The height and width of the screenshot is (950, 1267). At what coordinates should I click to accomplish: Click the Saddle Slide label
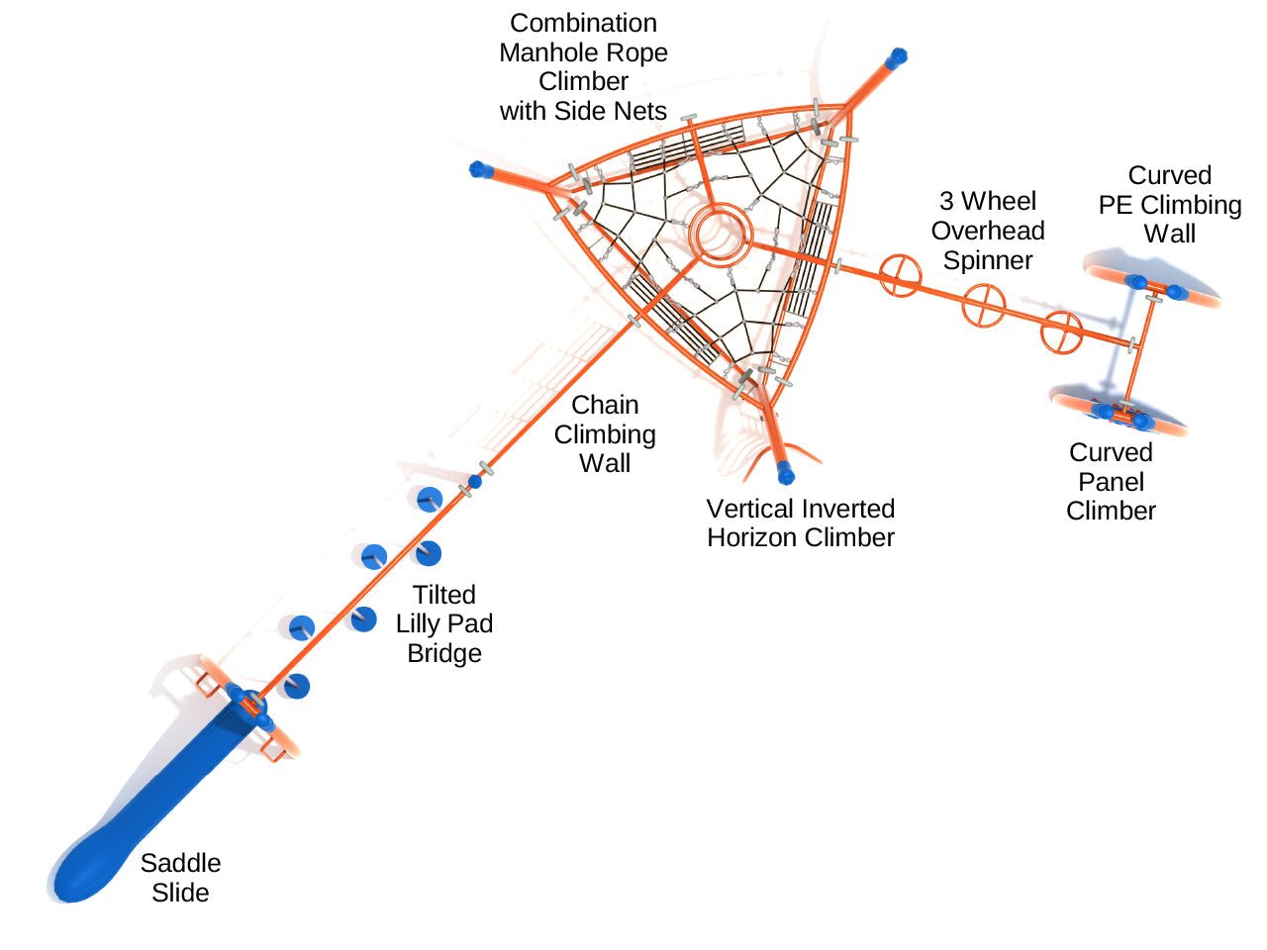[180, 878]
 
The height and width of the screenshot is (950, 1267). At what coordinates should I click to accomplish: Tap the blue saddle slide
[148, 811]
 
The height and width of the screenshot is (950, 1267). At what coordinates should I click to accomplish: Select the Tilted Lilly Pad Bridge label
[444, 623]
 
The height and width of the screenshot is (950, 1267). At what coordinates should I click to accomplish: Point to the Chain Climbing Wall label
[605, 433]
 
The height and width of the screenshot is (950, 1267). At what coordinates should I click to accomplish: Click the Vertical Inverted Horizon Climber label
[800, 522]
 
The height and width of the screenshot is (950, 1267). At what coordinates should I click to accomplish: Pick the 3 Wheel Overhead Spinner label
[988, 231]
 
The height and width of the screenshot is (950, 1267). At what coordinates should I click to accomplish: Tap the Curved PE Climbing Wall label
[1169, 205]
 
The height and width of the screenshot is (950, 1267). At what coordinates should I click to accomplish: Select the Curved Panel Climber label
[1111, 482]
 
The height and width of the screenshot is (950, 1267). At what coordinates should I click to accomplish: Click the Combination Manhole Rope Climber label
[583, 66]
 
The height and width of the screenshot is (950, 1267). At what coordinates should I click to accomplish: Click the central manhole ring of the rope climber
[721, 234]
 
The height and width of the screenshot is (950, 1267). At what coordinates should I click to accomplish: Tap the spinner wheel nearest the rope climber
[900, 275]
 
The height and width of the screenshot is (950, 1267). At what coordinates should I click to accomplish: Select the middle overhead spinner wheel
[984, 305]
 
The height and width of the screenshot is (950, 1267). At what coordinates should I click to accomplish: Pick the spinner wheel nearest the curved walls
[1061, 332]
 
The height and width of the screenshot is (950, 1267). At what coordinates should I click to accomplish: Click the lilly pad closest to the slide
[295, 685]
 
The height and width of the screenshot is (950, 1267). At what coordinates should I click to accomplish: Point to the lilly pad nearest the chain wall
[429, 499]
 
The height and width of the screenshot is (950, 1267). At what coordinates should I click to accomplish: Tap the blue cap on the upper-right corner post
[897, 57]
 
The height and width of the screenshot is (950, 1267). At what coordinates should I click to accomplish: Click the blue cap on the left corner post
[481, 169]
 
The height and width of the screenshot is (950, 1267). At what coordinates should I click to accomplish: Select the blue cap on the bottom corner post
[786, 473]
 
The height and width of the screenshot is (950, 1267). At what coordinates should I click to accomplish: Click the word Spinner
[988, 260]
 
